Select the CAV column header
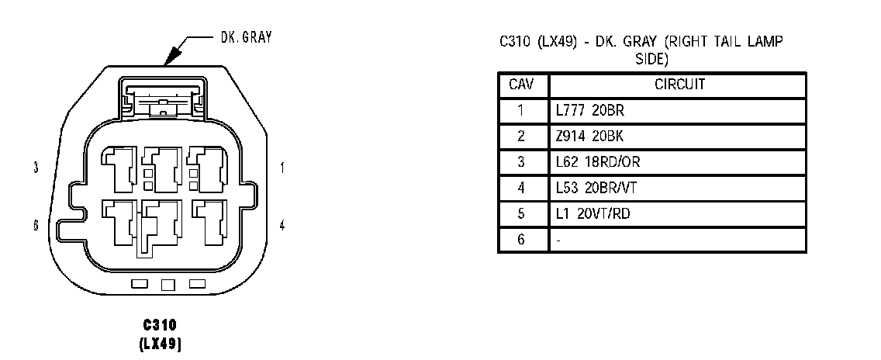522,85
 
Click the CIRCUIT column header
679,85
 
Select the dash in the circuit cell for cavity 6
559,240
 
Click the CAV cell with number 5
522,213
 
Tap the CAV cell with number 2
522,136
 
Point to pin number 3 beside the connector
36,168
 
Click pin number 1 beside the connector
282,168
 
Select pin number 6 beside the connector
36,225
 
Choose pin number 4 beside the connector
282,225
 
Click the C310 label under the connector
161,324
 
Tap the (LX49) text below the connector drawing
161,341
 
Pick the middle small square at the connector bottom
168,285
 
